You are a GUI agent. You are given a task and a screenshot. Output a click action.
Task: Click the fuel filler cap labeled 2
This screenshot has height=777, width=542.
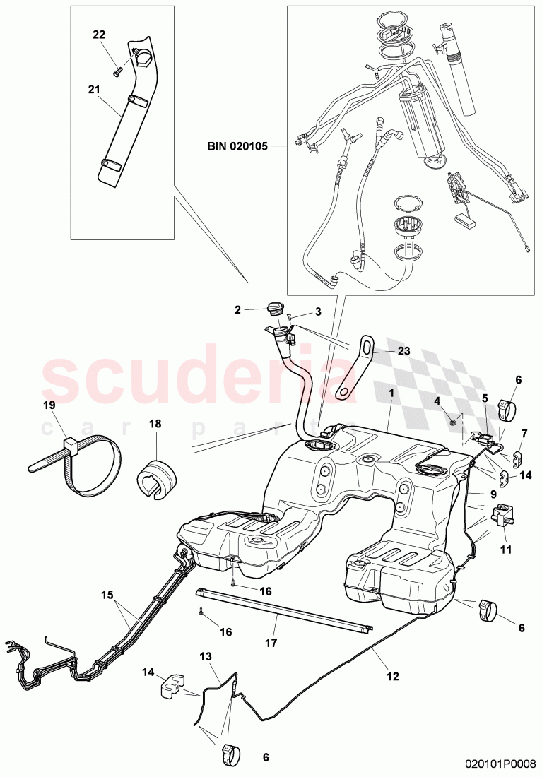(x=275, y=309)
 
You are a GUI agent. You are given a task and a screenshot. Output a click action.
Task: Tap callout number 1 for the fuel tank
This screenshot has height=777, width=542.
(x=390, y=391)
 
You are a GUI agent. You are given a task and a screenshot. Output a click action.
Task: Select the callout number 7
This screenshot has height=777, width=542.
(x=524, y=432)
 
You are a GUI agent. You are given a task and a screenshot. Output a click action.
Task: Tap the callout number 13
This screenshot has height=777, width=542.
(x=206, y=656)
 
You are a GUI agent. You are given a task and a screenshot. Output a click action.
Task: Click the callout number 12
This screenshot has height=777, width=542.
(x=392, y=676)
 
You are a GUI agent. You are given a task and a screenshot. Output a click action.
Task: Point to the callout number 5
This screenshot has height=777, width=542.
(x=485, y=398)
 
